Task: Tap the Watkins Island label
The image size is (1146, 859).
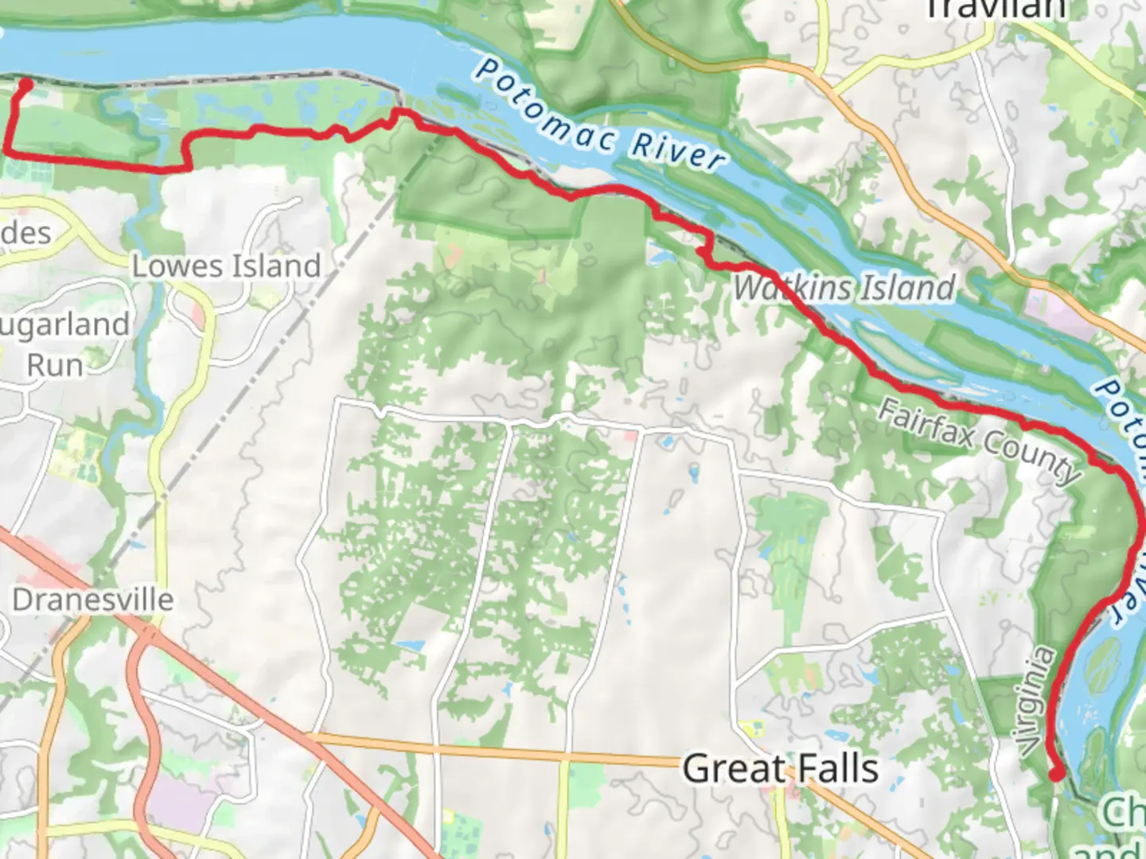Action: pos(844,287)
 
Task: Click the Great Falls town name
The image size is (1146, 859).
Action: pos(780,768)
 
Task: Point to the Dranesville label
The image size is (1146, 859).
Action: pos(92,600)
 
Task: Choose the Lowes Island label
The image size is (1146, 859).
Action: pos(226,266)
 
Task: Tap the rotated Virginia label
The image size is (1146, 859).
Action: pos(1037,700)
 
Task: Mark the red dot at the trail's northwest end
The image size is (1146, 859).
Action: pos(25,84)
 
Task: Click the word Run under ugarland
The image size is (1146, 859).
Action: pos(55,365)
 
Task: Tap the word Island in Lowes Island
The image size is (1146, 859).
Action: pos(274,266)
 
